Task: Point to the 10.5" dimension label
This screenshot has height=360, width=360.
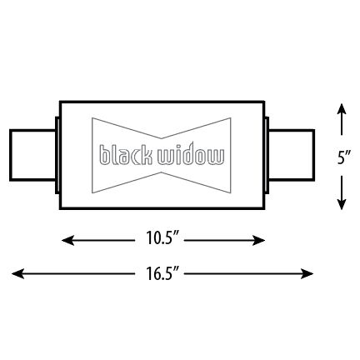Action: [163, 240]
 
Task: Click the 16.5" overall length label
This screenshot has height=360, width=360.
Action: [162, 272]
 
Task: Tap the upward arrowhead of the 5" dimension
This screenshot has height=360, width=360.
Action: [342, 109]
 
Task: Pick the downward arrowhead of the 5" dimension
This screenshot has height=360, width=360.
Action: [342, 204]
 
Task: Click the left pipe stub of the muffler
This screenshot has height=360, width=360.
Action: [32, 156]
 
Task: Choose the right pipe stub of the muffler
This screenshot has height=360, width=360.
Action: [292, 156]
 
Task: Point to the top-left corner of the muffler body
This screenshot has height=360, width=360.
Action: [61, 102]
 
